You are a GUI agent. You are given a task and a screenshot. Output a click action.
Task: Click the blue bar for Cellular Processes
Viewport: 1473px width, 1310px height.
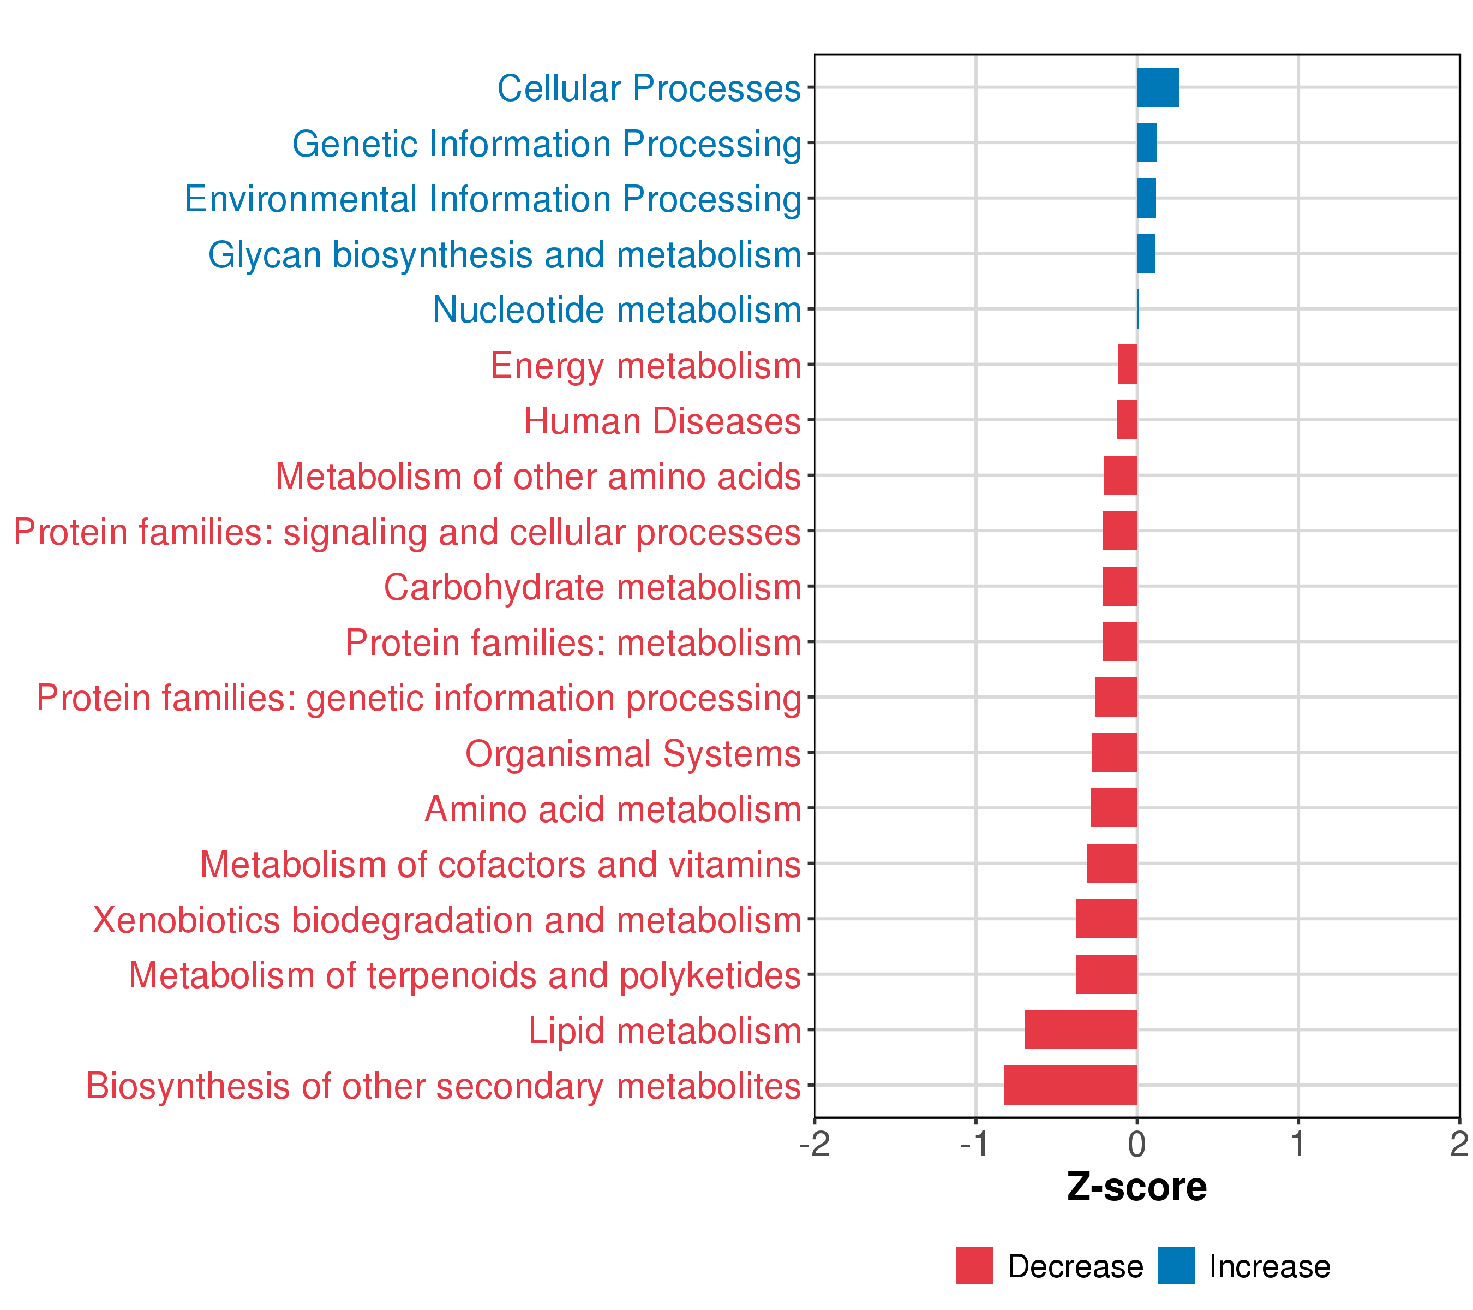pyautogui.click(x=1157, y=87)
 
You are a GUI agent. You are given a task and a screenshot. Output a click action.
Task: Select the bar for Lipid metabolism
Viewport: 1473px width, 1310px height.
pyautogui.click(x=1080, y=1029)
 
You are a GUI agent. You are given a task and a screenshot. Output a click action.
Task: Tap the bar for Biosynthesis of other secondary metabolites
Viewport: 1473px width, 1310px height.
pyautogui.click(x=1070, y=1085)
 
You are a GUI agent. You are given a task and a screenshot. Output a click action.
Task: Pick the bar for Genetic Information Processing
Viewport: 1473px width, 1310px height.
pyautogui.click(x=1147, y=143)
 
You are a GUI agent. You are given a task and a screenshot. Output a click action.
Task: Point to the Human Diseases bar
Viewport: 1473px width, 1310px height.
pyautogui.click(x=1127, y=420)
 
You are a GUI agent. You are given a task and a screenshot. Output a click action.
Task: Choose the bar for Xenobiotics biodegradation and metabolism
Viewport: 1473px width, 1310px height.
pyautogui.click(x=1106, y=919)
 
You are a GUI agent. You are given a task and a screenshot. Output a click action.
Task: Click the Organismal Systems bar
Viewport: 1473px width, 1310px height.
pyautogui.click(x=1114, y=753)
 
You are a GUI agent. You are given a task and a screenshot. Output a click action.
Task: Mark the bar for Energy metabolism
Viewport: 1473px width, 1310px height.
pyautogui.click(x=1128, y=364)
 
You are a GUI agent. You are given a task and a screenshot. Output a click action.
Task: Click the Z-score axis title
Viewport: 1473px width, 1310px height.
pyautogui.click(x=1136, y=1187)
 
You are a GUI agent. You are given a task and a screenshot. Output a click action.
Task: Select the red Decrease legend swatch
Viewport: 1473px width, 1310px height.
pyautogui.click(x=974, y=1266)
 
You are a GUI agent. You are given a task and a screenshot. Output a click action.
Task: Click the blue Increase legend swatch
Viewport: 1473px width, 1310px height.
pyautogui.click(x=1176, y=1266)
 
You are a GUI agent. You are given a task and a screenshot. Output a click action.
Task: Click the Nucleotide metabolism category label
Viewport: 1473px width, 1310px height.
pyautogui.click(x=617, y=310)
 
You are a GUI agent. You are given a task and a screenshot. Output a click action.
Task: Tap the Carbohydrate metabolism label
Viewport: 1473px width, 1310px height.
pyautogui.click(x=592, y=587)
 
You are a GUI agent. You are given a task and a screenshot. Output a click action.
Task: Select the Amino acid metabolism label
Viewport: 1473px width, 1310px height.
pyautogui.click(x=613, y=809)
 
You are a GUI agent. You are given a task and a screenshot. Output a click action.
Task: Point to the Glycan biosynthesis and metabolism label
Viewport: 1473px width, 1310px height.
pyautogui.click(x=505, y=254)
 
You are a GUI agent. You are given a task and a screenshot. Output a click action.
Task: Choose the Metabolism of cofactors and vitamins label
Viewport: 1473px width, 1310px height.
pyautogui.click(x=500, y=865)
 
